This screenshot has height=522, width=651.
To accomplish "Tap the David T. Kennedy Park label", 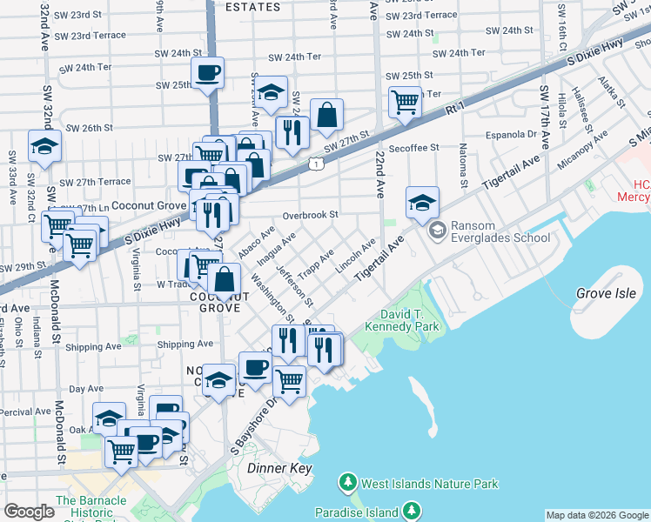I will click(x=409, y=320).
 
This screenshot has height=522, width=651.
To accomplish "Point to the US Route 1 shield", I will click(x=314, y=163).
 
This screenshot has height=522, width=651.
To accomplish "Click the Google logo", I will click(x=29, y=512).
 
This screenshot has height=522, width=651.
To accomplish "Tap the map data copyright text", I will click(x=597, y=515).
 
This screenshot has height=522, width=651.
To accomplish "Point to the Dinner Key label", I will click(x=279, y=468).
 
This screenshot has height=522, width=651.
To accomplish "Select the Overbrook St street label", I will click(x=310, y=214).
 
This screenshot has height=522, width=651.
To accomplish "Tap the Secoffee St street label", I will click(x=414, y=149).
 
